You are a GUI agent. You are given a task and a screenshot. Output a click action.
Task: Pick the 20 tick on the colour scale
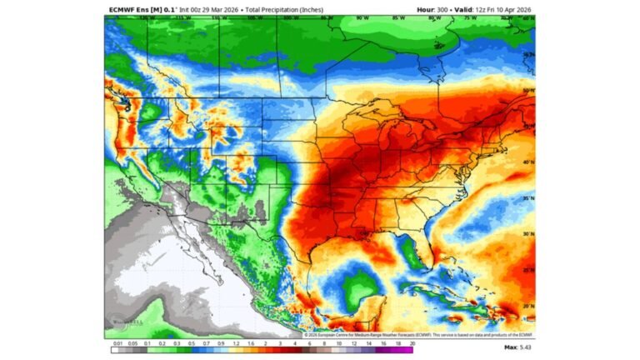coord(412,342)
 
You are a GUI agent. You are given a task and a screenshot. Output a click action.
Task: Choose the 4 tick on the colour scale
coord(296,342)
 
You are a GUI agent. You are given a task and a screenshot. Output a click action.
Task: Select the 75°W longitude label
coord(471,17)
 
